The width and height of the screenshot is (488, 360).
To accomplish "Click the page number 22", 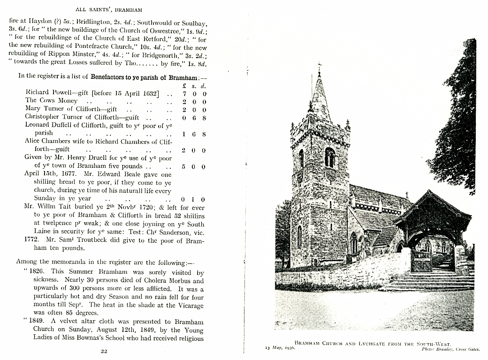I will coord(104,351).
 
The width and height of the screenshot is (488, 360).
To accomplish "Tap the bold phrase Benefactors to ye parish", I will coord(143,76).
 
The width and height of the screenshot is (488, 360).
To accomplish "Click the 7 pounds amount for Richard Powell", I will coord(184,93).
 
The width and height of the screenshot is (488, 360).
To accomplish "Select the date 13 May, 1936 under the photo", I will coord(280,349).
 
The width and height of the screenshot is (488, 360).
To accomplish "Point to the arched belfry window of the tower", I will coord(330,157).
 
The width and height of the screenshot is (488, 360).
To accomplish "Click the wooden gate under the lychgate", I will coord(421,262).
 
